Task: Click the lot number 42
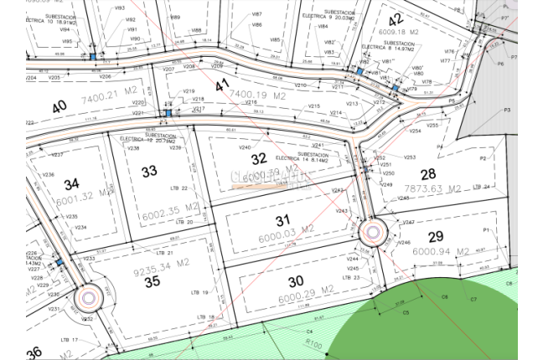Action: tap(396, 19)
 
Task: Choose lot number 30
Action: tap(270, 280)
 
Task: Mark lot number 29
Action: tap(435, 236)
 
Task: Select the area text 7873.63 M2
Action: tap(435, 188)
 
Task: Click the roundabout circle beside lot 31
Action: tap(372, 231)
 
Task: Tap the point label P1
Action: tap(485, 229)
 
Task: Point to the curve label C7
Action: tap(473, 299)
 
